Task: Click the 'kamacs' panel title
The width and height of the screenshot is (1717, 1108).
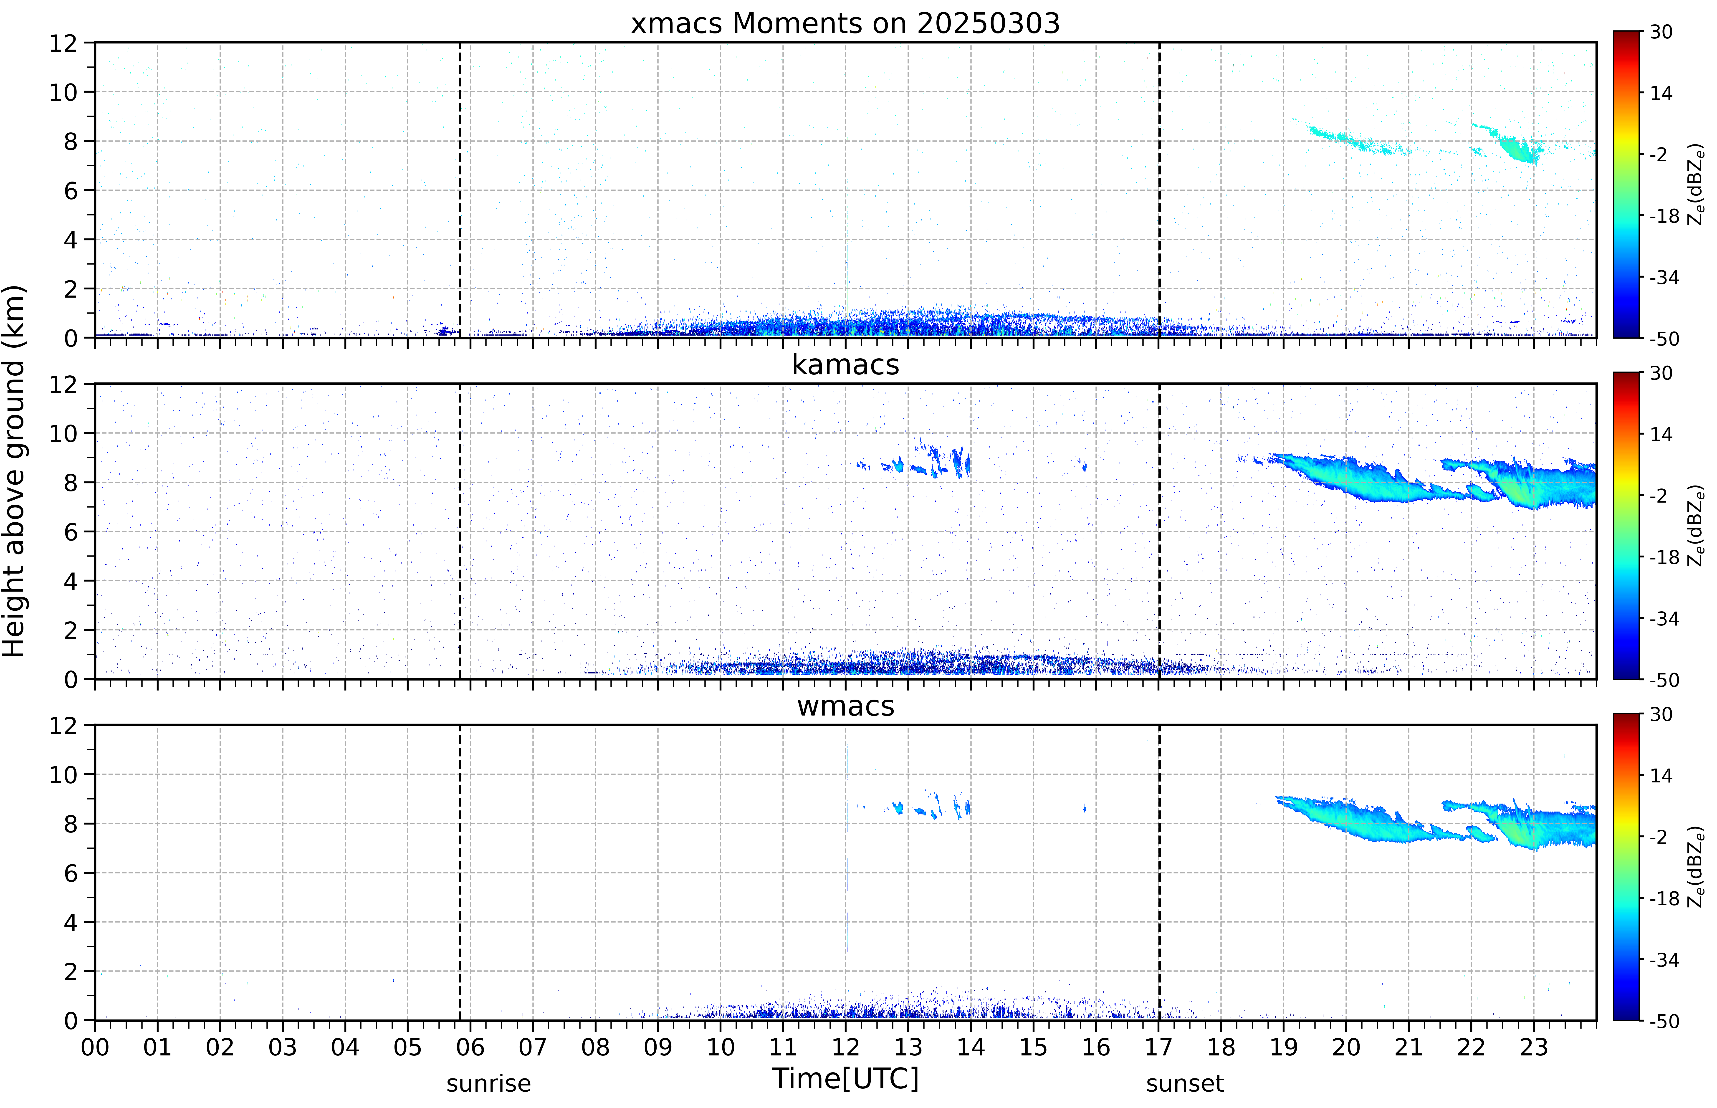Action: pyautogui.click(x=845, y=365)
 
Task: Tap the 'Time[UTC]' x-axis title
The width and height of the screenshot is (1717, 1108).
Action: pyautogui.click(x=845, y=1078)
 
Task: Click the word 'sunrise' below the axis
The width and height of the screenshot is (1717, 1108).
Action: pyautogui.click(x=488, y=1083)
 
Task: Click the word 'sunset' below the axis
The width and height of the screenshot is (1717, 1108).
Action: pyautogui.click(x=1185, y=1083)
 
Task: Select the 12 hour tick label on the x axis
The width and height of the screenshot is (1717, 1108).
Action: pyautogui.click(x=846, y=1047)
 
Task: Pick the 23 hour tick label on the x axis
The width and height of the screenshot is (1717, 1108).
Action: pyautogui.click(x=1534, y=1047)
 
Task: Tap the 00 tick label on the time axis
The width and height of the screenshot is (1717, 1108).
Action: pyautogui.click(x=95, y=1047)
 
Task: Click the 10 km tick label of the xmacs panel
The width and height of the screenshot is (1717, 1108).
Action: pyautogui.click(x=63, y=92)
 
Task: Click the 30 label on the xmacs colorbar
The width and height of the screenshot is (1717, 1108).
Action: pyautogui.click(x=1661, y=32)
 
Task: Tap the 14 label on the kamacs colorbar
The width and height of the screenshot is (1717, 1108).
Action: pyautogui.click(x=1661, y=435)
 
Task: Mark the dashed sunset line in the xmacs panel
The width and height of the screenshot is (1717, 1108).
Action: pyautogui.click(x=1159, y=190)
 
